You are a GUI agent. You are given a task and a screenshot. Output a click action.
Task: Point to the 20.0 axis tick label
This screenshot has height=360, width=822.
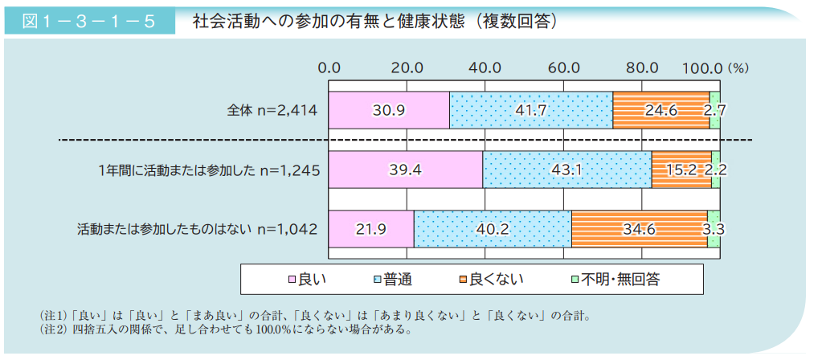407,67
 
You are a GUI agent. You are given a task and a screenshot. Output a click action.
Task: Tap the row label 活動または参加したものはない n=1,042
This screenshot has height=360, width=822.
197,229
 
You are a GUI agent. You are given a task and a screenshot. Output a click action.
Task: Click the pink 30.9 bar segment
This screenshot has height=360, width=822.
389,111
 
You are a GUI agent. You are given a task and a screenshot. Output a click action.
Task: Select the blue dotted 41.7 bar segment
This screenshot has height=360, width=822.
531,111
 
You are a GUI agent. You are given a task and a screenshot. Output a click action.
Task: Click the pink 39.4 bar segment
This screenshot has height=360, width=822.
406,170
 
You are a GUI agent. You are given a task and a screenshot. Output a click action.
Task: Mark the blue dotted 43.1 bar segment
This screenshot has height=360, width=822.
567,170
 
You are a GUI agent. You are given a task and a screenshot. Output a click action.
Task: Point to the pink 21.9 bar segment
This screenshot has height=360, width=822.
371,229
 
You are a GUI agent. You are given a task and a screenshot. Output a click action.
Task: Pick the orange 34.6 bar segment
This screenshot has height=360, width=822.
640,229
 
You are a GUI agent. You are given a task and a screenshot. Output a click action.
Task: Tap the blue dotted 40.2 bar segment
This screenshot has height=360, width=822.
493,229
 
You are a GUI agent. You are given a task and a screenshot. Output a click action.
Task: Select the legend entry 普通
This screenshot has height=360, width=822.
393,280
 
